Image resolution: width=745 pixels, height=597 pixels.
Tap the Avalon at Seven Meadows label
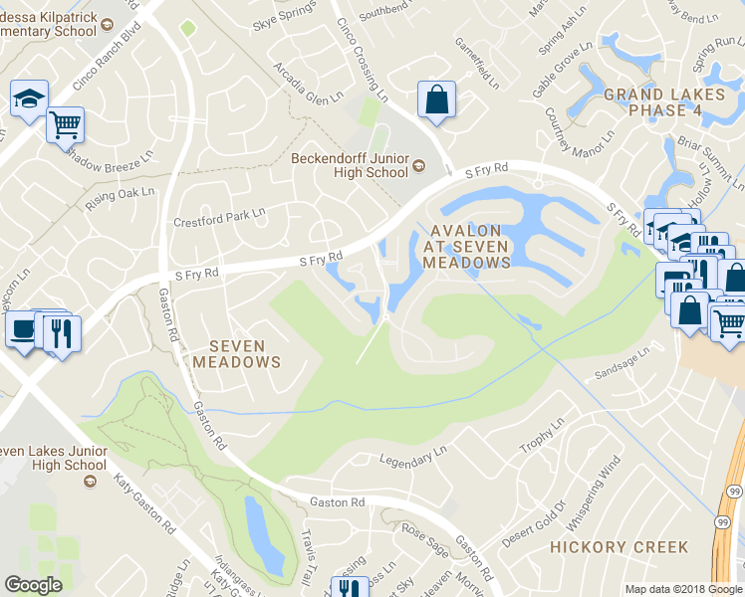467,246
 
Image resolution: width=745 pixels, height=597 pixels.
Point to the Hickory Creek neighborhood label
619,547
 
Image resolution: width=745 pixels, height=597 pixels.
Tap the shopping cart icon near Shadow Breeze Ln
65,125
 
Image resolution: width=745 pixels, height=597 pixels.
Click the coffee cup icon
22,330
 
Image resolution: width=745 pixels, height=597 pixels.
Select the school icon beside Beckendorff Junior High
419,166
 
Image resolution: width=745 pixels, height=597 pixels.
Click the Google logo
33,585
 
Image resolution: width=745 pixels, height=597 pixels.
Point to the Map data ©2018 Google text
683,589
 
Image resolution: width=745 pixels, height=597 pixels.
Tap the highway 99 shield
720,519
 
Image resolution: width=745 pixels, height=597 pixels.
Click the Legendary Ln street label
414,457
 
